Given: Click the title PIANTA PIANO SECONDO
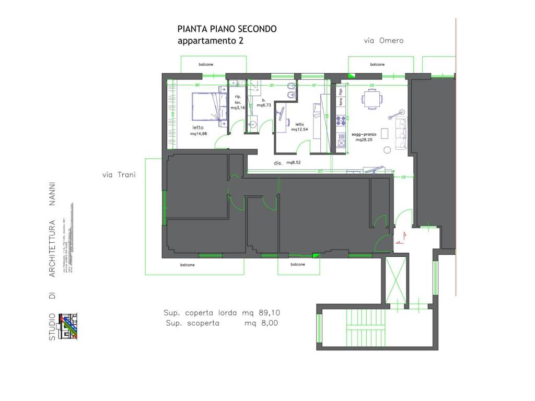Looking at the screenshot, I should [x=227, y=29].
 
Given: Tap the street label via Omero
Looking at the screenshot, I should [x=384, y=41].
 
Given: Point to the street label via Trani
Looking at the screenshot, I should [x=119, y=175].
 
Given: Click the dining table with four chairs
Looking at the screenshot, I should [x=371, y=99].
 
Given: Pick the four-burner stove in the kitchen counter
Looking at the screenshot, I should [x=341, y=122].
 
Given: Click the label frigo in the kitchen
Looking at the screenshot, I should [x=341, y=92].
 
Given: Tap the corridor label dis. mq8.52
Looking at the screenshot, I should [x=287, y=163].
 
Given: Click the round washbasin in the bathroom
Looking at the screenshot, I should [x=253, y=124].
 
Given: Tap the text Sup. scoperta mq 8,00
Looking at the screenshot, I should [x=222, y=323].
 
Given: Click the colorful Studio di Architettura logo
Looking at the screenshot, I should [x=68, y=326].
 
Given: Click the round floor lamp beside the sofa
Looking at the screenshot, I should [x=387, y=150].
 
